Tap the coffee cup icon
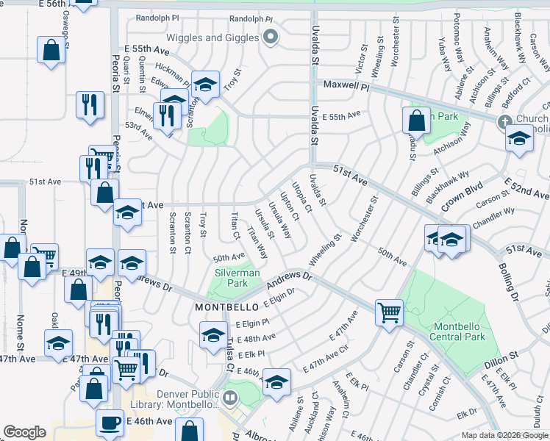[x=110, y=423]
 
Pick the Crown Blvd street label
[x=461, y=193]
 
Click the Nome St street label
[x=23, y=235]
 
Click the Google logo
[x=24, y=431]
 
